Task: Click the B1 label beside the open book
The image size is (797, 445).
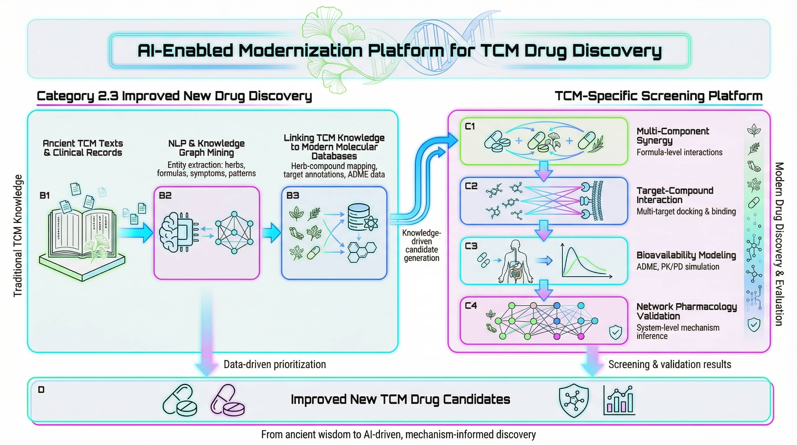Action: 45,196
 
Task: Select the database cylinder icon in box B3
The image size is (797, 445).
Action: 359,217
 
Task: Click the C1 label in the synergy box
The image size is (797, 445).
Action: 470,126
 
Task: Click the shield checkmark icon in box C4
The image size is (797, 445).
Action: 615,332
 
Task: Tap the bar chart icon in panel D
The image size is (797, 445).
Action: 619,400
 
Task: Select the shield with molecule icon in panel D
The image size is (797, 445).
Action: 574,400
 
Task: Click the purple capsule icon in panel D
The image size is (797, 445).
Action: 227,400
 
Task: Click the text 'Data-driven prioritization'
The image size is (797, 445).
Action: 275,364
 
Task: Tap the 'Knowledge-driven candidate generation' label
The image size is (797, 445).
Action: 421,245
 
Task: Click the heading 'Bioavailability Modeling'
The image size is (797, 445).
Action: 686,255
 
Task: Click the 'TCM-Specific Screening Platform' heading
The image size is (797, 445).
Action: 658,96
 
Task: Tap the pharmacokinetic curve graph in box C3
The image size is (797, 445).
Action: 585,262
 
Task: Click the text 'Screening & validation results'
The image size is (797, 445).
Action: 670,364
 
